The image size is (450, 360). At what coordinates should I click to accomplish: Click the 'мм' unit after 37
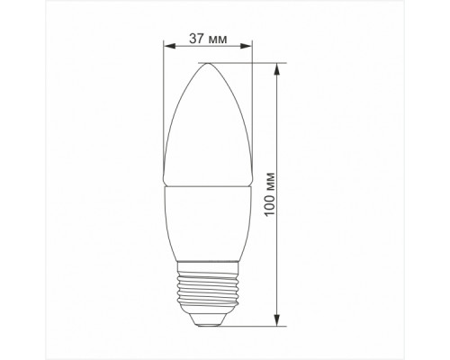(217, 39)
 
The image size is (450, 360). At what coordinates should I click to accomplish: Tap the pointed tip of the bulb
(207, 63)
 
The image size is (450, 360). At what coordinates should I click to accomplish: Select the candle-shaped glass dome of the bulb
(207, 126)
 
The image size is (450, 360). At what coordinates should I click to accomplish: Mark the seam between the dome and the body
(207, 186)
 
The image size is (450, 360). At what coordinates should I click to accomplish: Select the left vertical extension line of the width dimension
(165, 108)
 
